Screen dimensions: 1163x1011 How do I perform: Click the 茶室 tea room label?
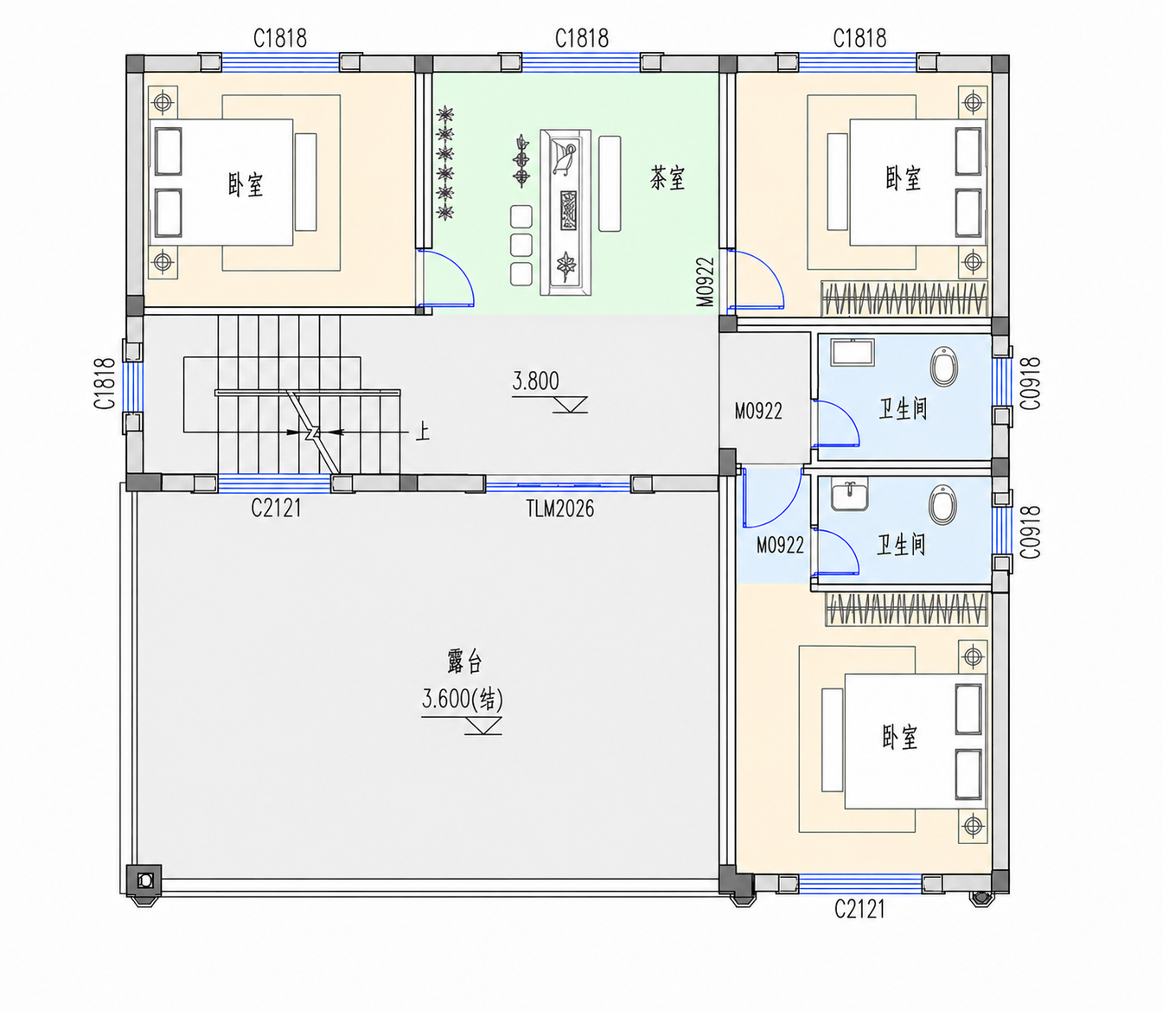668,178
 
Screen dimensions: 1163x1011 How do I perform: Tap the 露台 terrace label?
464,661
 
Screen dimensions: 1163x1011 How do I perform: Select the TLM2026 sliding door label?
560,509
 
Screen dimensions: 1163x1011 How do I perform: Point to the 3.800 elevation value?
535,381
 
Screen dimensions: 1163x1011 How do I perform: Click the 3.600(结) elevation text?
462,699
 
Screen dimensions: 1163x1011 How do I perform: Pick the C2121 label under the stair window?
276,508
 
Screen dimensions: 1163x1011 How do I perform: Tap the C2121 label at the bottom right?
859,909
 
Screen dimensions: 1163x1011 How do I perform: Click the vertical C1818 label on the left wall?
105,383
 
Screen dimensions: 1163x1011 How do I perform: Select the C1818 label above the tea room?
581,39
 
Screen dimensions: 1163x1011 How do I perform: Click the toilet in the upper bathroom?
943,366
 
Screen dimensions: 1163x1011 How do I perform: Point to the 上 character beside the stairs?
422,432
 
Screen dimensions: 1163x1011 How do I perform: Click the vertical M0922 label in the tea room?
705,283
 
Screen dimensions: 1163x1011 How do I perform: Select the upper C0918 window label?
1031,383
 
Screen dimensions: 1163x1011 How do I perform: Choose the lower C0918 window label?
1031,532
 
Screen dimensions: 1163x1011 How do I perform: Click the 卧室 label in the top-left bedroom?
246,184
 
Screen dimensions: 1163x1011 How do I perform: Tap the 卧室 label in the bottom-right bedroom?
900,737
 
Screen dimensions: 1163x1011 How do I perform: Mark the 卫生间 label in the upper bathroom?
903,408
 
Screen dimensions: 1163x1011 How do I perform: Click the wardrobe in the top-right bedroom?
904,298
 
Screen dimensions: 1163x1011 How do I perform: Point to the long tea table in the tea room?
566,213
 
